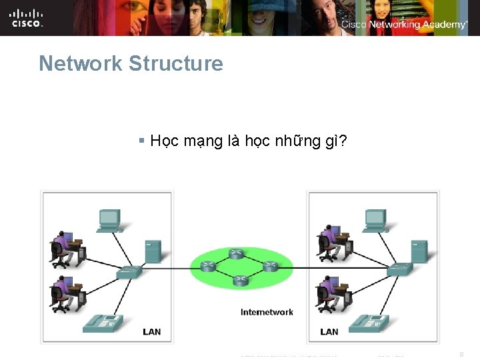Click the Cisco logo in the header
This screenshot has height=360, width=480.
point(27,18)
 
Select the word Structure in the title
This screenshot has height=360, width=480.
point(176,64)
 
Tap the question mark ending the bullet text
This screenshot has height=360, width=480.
point(342,141)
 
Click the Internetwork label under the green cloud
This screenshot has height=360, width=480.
point(267,312)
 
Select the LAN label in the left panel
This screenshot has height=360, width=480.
point(152,331)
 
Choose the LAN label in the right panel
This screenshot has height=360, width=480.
point(329,331)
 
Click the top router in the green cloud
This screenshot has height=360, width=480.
point(236,253)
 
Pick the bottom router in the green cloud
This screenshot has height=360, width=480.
point(241,281)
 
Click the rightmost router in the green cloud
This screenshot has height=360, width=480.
point(270,266)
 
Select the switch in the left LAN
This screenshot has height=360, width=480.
point(128,271)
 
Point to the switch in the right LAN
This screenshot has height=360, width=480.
point(400,269)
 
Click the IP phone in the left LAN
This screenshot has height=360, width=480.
point(103,324)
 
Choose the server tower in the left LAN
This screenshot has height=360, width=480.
point(153,251)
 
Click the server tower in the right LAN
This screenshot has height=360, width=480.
point(419,251)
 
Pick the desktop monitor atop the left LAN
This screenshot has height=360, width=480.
point(109,219)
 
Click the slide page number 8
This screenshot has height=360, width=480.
point(461,355)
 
